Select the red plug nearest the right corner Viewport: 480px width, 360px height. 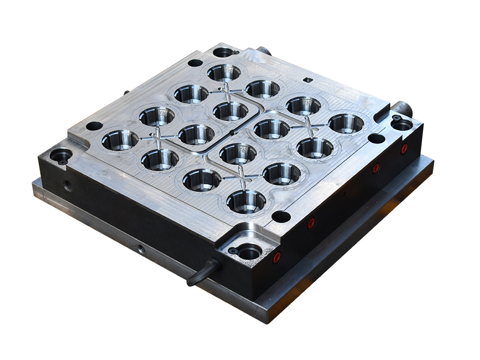[404, 148]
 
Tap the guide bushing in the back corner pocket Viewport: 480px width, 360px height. [222, 52]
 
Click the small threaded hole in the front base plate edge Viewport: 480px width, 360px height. [141, 249]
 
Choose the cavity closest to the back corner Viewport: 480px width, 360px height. [224, 72]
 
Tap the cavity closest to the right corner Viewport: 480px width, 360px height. [346, 123]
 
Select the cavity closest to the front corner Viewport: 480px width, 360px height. [246, 201]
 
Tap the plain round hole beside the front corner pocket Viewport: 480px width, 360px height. [281, 216]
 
